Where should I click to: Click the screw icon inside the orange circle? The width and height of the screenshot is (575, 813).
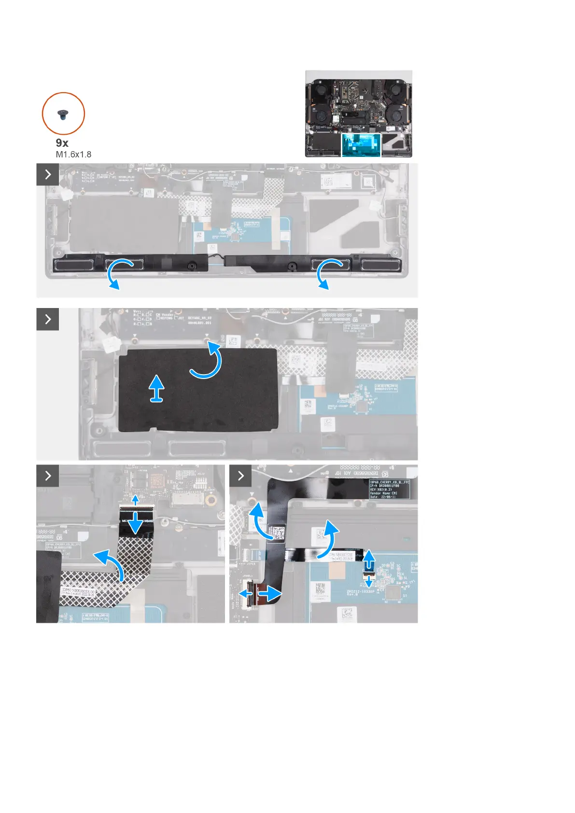(x=63, y=114)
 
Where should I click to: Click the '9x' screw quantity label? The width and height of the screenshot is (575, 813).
(x=62, y=143)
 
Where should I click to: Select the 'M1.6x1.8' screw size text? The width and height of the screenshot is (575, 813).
(x=73, y=154)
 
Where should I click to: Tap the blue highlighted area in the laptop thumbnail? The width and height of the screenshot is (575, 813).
(x=361, y=145)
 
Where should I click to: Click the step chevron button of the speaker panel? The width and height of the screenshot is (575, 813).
(x=48, y=174)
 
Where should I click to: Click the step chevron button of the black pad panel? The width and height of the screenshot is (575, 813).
(x=48, y=319)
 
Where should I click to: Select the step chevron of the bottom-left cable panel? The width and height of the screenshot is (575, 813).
(x=48, y=476)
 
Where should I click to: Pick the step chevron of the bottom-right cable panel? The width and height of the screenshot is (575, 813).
(x=240, y=476)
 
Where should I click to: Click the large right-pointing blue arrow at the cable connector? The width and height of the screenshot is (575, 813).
(x=271, y=592)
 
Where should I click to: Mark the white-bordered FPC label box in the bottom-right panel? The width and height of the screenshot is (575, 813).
(x=389, y=489)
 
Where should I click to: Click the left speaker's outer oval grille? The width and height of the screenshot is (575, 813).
(x=72, y=265)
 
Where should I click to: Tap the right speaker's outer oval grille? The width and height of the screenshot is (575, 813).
(x=381, y=265)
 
